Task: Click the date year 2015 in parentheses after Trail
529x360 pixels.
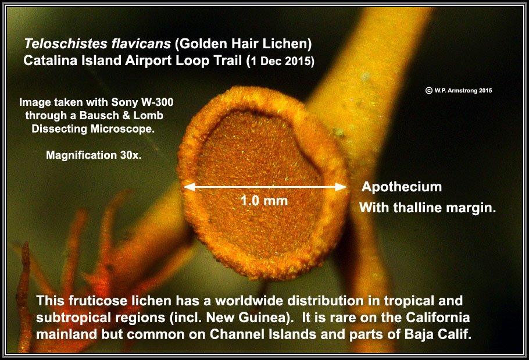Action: tap(299, 62)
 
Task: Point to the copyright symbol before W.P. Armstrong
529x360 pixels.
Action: tap(429, 90)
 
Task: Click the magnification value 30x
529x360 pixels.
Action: tap(131, 155)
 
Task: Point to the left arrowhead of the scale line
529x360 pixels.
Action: tap(189, 187)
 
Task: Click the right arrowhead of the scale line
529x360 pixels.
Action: tap(341, 187)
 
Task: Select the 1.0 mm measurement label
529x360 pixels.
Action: tap(264, 201)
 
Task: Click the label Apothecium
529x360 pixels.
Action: tap(402, 187)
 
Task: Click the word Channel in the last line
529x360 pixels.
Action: tap(238, 334)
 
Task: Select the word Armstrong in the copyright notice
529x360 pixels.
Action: tap(463, 90)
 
